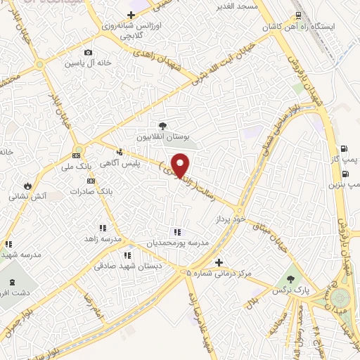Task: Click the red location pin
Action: (181, 166)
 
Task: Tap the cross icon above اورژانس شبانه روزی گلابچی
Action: (130, 15)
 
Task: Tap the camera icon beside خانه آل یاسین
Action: (88, 53)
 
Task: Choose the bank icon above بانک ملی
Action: (77, 156)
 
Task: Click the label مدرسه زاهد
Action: (101, 239)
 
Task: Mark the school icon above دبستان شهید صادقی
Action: (127, 255)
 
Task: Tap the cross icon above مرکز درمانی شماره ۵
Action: (218, 262)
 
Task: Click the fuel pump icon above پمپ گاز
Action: (344, 148)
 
